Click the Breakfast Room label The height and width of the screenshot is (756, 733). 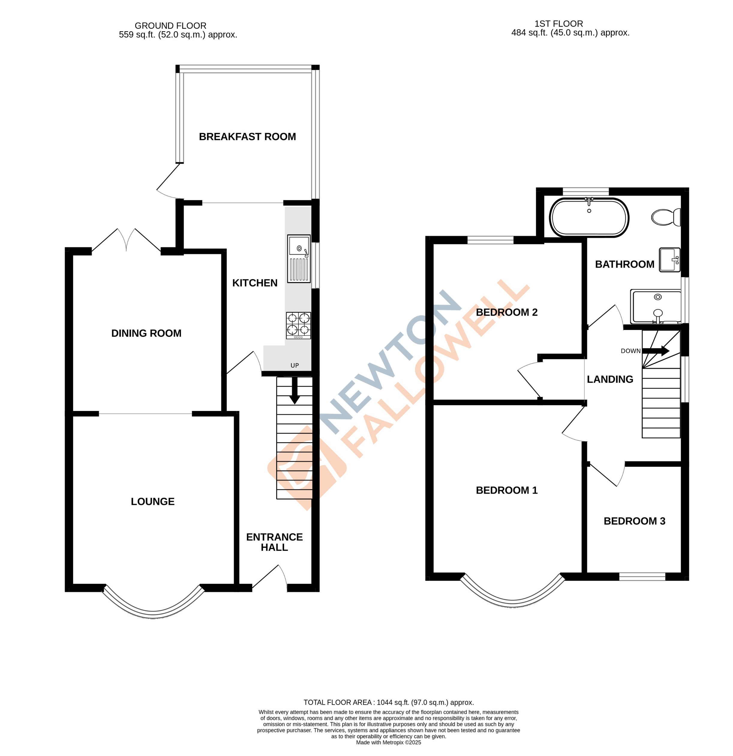(x=247, y=136)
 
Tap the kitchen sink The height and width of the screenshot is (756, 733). (x=298, y=258)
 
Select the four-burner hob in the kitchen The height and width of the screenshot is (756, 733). (x=298, y=325)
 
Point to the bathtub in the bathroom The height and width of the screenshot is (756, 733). (x=588, y=217)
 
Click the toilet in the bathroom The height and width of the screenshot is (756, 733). (x=666, y=217)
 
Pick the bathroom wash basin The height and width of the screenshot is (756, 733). (x=669, y=259)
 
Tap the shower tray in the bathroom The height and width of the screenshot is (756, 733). (x=656, y=306)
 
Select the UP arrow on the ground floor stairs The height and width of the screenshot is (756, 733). (x=295, y=390)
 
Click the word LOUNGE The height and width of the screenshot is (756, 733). (x=153, y=501)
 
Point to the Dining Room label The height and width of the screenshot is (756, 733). (x=146, y=333)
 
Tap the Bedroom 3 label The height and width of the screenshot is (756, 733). (x=634, y=521)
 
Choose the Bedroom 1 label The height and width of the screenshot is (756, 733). (x=506, y=490)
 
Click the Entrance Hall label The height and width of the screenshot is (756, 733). (x=274, y=542)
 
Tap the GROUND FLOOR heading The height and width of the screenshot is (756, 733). (x=170, y=26)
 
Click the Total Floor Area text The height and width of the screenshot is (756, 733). (x=388, y=702)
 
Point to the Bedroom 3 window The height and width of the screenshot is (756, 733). (x=642, y=577)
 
